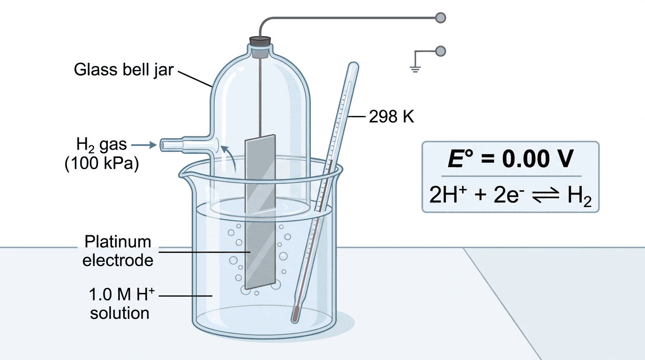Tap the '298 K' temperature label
pos(391,117)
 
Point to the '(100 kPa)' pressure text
pos(102,165)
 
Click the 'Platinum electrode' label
pos(118,251)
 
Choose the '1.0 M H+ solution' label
pos(120,304)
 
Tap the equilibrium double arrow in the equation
pos(545,195)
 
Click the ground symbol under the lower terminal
pos(414,69)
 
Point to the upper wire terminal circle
pos(440,18)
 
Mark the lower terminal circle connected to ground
pos(440,50)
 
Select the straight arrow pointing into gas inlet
pos(149,145)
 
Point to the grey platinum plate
pos(260,211)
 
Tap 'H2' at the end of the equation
pos(579,195)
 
